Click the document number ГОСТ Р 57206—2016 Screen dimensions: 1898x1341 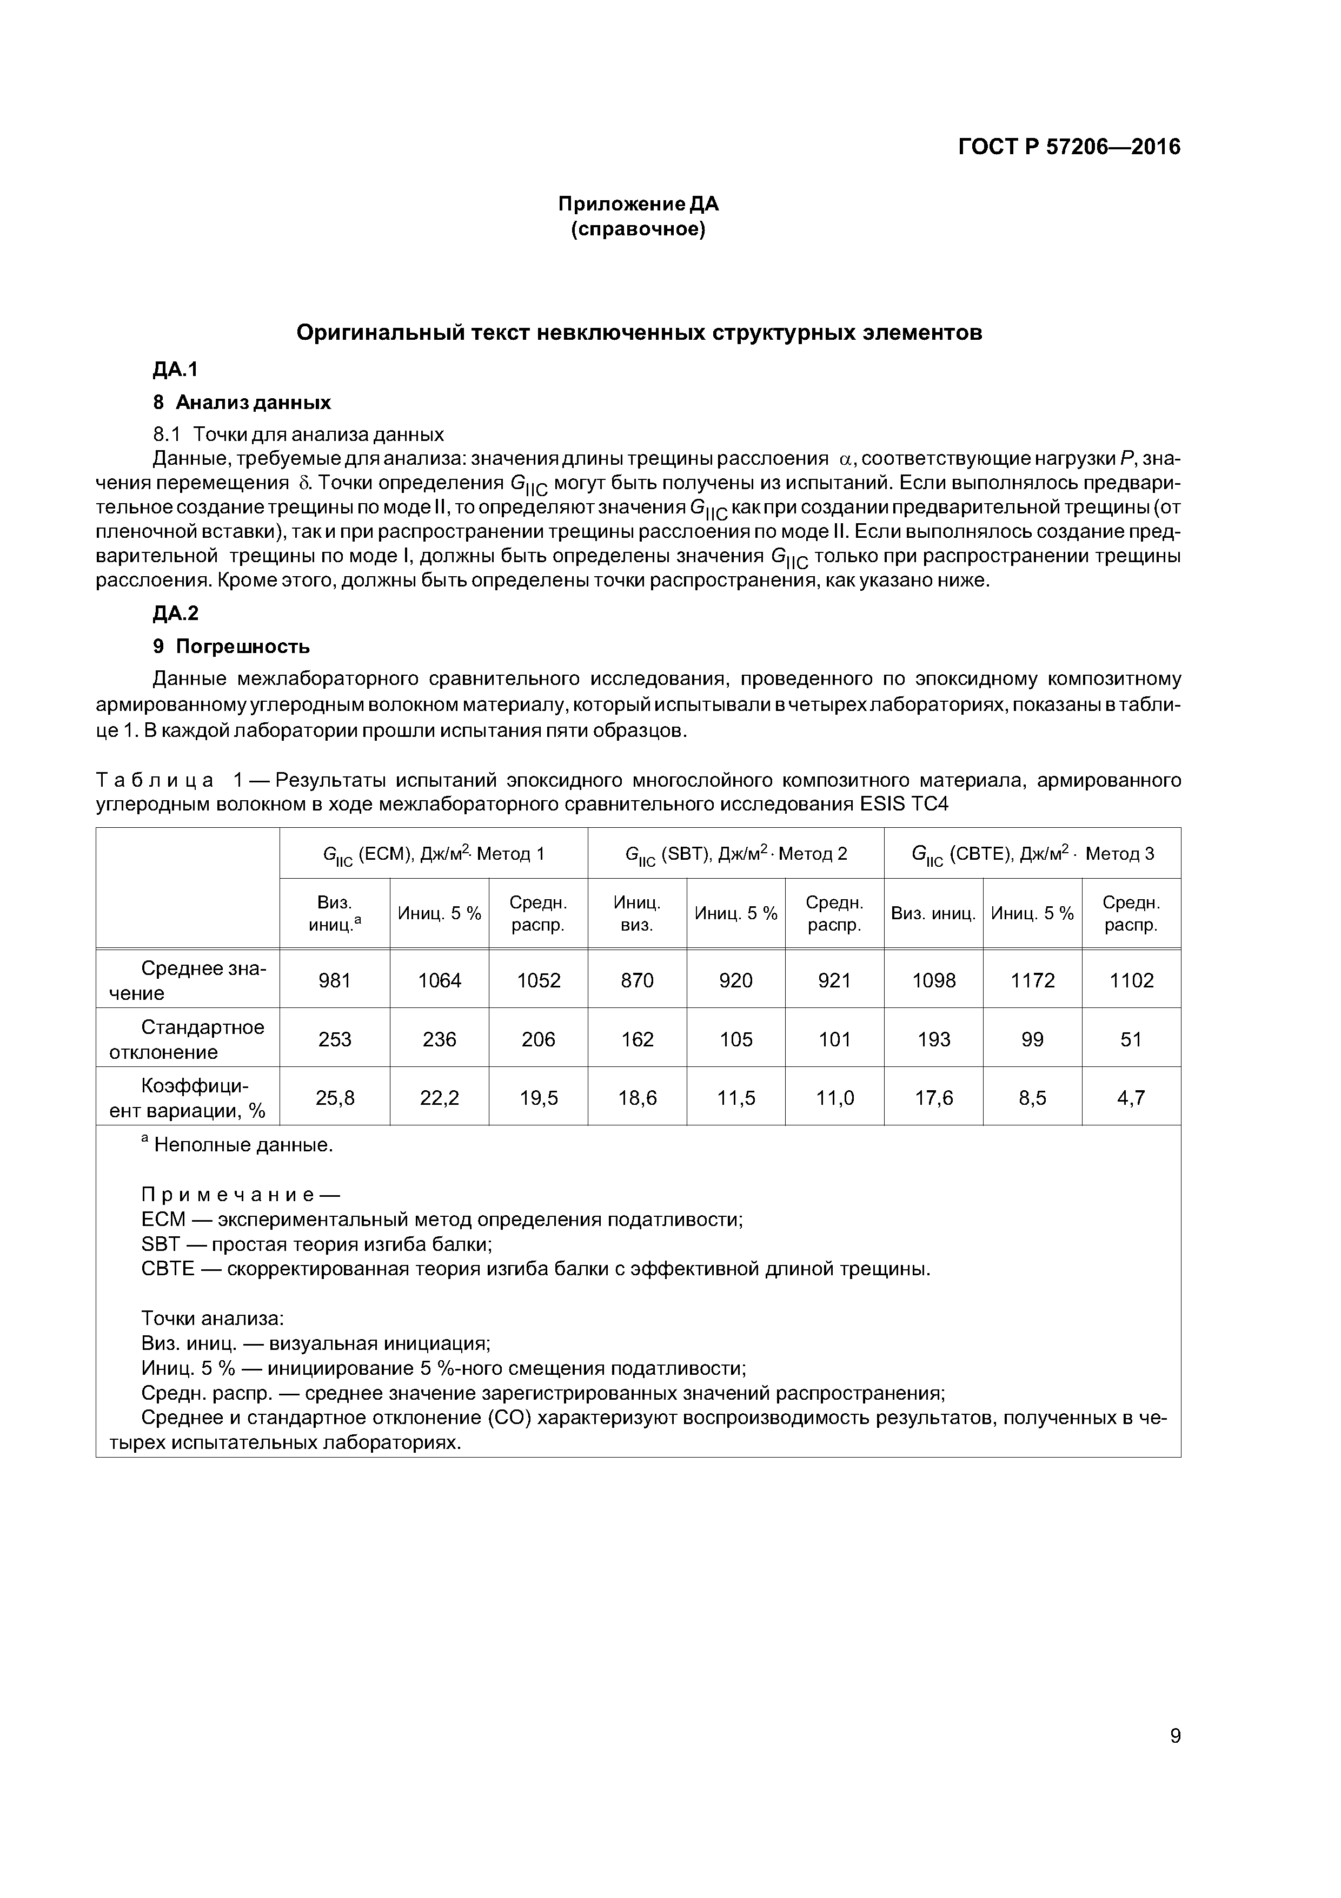coord(1068,147)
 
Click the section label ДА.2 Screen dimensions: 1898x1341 coord(175,612)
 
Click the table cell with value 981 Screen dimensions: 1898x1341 coord(335,980)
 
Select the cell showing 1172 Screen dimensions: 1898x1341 coord(1032,980)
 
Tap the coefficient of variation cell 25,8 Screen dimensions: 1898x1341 coord(335,1098)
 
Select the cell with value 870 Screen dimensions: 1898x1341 coord(637,980)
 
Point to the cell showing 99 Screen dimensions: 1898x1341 coord(1032,1039)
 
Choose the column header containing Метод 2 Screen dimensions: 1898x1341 coord(736,854)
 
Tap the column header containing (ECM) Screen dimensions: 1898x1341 coord(433,854)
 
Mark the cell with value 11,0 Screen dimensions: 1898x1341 coord(834,1098)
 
